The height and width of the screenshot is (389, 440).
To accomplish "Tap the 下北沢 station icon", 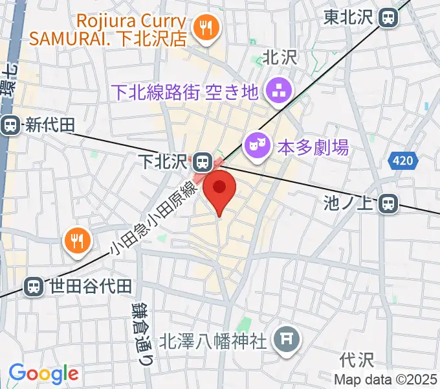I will click(x=203, y=161).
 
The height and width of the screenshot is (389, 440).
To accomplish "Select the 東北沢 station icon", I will click(x=389, y=17).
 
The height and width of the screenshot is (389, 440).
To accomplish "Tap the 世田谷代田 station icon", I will click(x=33, y=285).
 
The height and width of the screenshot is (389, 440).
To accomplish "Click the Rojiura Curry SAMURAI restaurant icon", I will click(x=207, y=27).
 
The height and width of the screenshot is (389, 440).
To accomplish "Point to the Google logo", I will click(x=43, y=373).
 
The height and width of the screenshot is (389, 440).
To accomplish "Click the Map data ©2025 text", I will click(x=386, y=379).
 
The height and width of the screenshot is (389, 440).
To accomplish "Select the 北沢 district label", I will click(x=280, y=57).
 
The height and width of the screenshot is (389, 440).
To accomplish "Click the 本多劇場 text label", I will click(x=313, y=148).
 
